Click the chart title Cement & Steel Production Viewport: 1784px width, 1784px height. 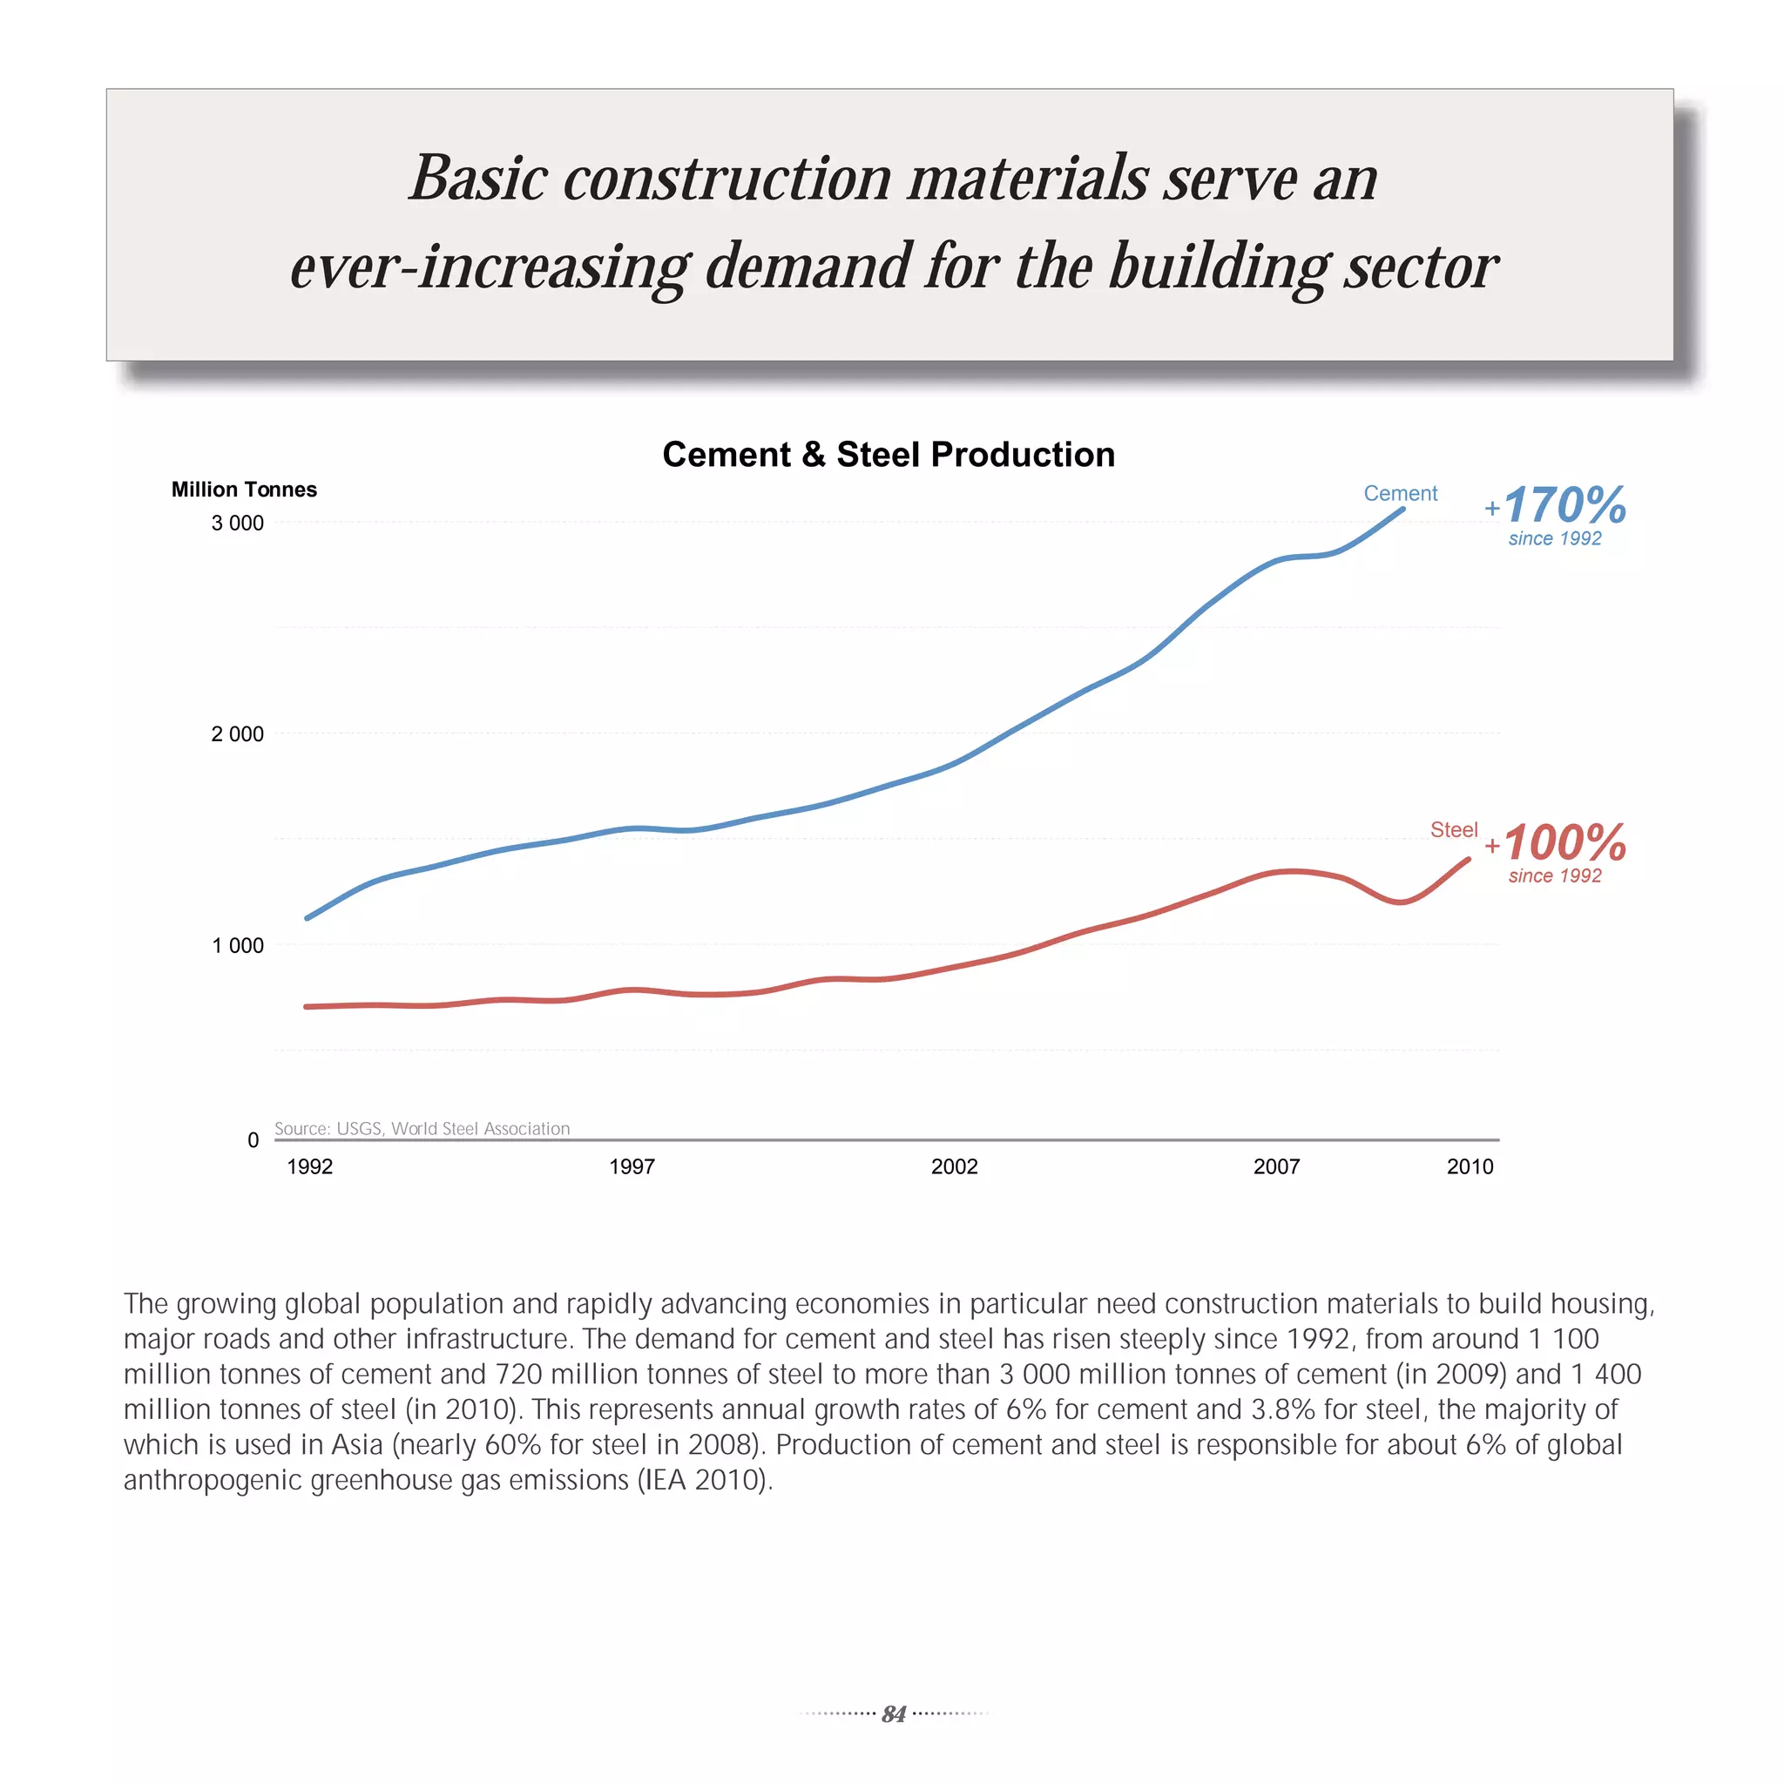click(889, 455)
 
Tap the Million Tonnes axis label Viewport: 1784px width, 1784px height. click(244, 490)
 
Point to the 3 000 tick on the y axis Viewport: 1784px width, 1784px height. click(237, 523)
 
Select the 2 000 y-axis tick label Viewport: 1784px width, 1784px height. click(237, 734)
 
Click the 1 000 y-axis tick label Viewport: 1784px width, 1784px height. click(237, 945)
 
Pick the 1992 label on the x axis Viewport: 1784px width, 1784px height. click(309, 1166)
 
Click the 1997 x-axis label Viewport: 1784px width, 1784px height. click(632, 1166)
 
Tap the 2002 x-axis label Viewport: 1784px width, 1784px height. click(954, 1166)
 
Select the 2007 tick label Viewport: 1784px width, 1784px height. click(1276, 1166)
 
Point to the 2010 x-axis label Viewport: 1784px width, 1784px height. click(1470, 1166)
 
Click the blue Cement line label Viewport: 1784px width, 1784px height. click(1400, 493)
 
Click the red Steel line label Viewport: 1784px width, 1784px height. click(1454, 829)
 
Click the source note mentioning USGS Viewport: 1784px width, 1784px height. click(422, 1128)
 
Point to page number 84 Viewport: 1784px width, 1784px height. click(893, 1713)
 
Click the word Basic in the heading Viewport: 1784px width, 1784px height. click(479, 178)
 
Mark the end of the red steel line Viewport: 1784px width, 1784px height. click(1467, 860)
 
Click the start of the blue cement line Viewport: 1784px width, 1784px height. click(307, 918)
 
